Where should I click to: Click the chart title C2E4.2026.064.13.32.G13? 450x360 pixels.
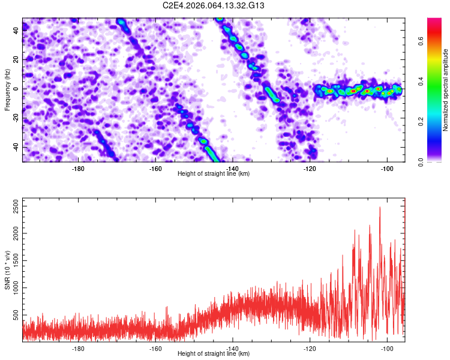[x=213, y=5]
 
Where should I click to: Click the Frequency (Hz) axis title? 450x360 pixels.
[x=7, y=90]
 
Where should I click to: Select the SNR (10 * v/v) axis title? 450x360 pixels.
[x=7, y=270]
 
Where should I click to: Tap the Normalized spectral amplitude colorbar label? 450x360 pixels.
[x=445, y=90]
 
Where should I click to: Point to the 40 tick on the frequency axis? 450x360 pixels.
[x=16, y=30]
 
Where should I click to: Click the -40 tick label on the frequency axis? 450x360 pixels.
[x=16, y=148]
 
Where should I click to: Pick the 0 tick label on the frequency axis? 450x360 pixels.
[x=16, y=89]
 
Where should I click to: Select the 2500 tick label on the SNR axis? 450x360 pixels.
[x=16, y=206]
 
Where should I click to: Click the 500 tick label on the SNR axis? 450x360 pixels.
[x=16, y=315]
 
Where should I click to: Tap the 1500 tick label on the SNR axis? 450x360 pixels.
[x=16, y=260]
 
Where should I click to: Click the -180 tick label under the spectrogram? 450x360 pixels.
[x=78, y=169]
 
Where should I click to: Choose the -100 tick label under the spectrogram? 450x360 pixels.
[x=387, y=169]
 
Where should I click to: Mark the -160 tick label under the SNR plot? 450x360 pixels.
[x=155, y=349]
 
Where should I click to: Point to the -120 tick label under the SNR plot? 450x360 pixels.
[x=310, y=349]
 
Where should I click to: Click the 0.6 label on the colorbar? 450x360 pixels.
[x=421, y=41]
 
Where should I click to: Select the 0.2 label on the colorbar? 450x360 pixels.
[x=421, y=122]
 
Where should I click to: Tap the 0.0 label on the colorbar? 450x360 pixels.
[x=421, y=163]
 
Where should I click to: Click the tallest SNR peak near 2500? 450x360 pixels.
[x=380, y=207]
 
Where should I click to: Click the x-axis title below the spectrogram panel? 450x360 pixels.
[x=214, y=173]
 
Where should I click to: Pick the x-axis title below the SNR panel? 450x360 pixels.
[x=214, y=353]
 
